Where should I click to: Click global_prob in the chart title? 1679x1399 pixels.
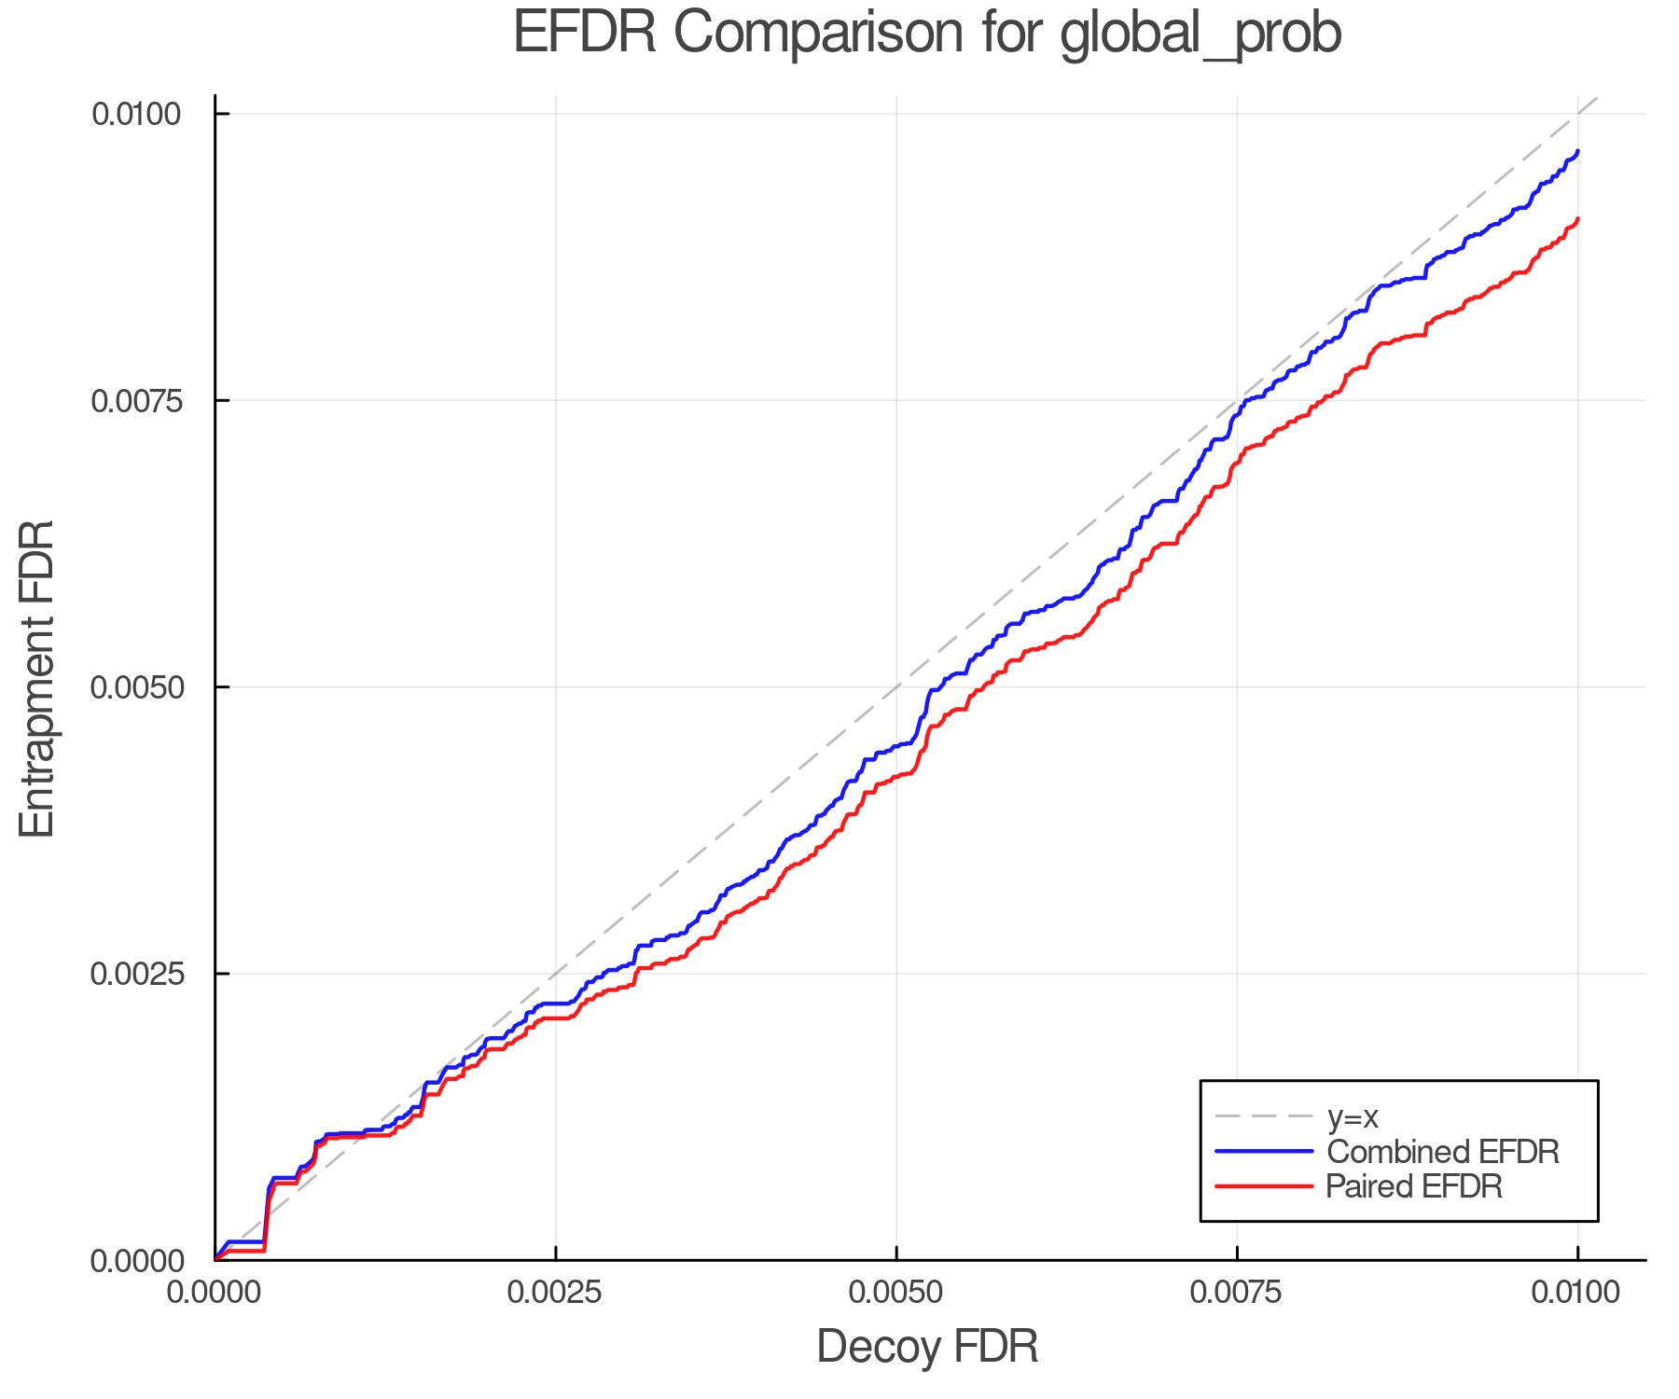[x=1200, y=34]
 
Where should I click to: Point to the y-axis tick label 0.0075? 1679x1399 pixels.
[x=136, y=400]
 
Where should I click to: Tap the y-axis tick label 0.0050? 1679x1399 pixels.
[x=136, y=687]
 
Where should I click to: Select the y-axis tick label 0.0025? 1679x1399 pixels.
[x=136, y=974]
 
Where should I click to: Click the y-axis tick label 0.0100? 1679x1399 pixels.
[x=136, y=114]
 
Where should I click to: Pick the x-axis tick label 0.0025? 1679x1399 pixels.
[x=555, y=1293]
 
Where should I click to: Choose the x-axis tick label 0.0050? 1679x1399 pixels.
[x=896, y=1293]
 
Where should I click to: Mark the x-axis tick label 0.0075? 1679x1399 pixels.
[x=1237, y=1293]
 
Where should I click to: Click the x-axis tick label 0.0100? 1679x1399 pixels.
[x=1577, y=1293]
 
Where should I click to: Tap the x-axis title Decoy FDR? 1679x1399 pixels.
[x=927, y=1347]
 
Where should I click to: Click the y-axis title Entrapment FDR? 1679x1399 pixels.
[x=38, y=679]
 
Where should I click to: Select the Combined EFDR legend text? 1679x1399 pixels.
[x=1442, y=1152]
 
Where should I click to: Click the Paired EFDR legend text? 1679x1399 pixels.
[x=1414, y=1186]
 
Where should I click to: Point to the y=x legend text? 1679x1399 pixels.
[x=1353, y=1116]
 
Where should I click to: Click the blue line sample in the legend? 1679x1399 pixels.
[x=1264, y=1152]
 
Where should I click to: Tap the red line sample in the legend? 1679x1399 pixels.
[x=1264, y=1186]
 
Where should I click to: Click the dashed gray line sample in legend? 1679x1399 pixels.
[x=1264, y=1116]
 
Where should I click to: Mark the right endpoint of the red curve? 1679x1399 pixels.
[x=1577, y=218]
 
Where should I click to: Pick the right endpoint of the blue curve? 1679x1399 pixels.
[x=1577, y=151]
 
